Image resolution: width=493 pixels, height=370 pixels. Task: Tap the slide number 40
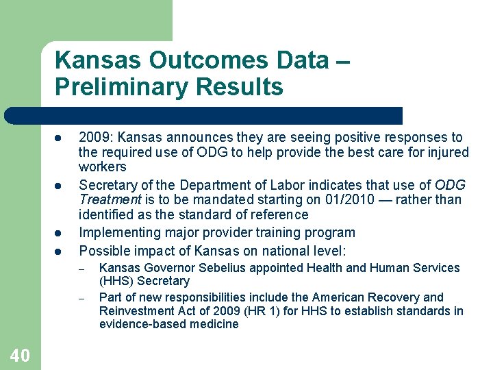(20, 356)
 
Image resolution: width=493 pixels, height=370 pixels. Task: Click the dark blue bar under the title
(205, 115)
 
